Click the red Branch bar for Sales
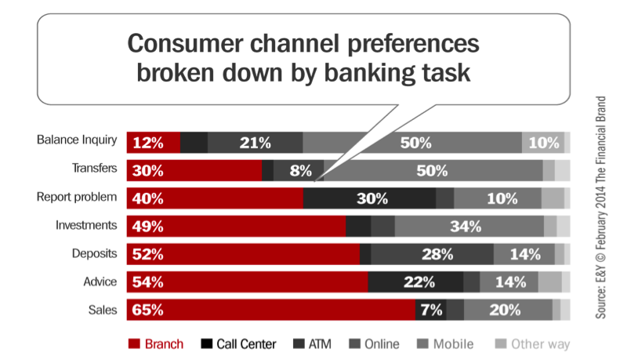tap(271, 310)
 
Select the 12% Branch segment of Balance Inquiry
tap(154, 143)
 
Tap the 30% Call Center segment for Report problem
tap(369, 198)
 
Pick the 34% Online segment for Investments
tap(469, 227)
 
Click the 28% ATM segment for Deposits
tap(432, 254)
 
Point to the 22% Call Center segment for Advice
tap(415, 282)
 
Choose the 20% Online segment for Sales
tap(508, 310)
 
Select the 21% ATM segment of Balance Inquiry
tap(255, 143)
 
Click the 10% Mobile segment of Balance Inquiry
tap(543, 143)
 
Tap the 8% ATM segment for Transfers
tap(299, 170)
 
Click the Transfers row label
tap(95, 168)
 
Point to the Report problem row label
tap(77, 197)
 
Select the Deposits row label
tap(95, 253)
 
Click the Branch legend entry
tap(156, 344)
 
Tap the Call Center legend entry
tap(238, 344)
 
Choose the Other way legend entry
tap(533, 344)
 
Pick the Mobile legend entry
tap(445, 344)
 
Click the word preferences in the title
tap(413, 43)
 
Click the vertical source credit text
tap(600, 207)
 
